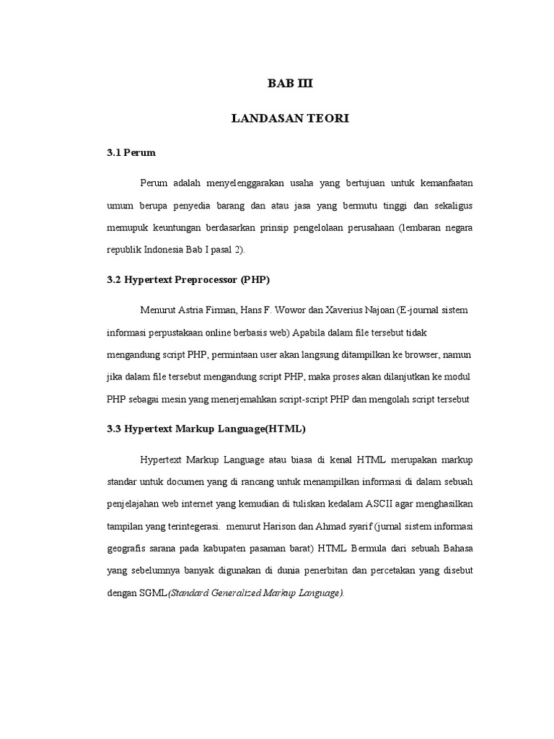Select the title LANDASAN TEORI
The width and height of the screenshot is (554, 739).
[x=290, y=118]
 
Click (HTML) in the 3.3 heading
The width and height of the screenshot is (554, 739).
[x=285, y=429]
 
